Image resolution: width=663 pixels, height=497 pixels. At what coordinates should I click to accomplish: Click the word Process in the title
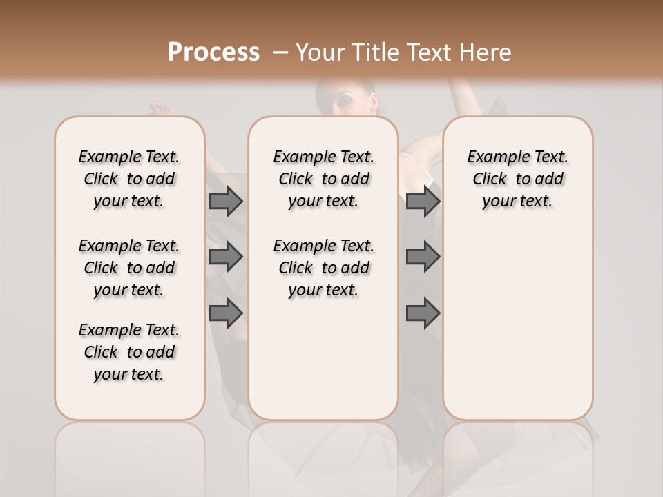tap(213, 52)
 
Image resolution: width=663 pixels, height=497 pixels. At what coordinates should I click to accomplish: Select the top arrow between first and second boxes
tap(226, 202)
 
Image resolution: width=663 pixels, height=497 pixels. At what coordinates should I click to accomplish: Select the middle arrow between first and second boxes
tap(226, 257)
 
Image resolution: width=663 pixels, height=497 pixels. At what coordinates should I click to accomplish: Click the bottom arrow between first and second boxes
tap(226, 313)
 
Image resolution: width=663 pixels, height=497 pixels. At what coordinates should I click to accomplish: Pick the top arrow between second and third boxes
tap(423, 202)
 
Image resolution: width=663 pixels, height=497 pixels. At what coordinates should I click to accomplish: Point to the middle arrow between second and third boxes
tap(423, 257)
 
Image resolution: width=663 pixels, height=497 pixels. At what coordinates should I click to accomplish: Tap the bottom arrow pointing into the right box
tap(423, 313)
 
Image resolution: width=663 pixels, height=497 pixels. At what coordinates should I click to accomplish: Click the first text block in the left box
tap(129, 179)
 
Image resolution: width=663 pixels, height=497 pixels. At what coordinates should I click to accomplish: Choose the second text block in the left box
tap(129, 268)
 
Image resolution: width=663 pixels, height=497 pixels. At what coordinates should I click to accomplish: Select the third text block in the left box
tap(129, 352)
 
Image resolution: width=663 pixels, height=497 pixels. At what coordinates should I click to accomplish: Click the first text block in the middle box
tap(323, 179)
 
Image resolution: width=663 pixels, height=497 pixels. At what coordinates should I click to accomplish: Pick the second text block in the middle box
tap(323, 268)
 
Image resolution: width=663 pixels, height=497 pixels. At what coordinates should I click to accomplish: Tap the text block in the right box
tap(517, 179)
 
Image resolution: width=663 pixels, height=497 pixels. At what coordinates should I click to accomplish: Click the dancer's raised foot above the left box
tap(160, 107)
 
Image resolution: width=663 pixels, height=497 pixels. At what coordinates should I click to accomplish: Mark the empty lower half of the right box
tap(517, 331)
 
